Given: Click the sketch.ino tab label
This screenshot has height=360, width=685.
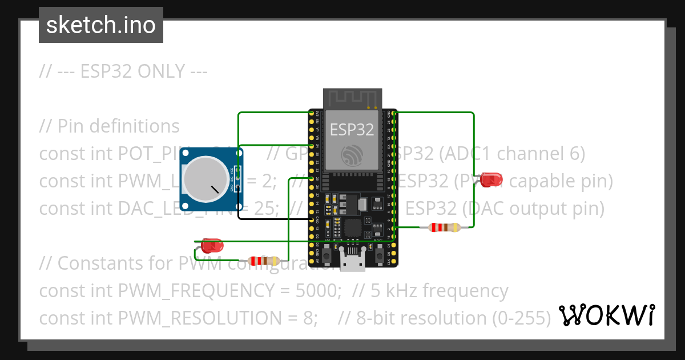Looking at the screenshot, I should pyautogui.click(x=101, y=25).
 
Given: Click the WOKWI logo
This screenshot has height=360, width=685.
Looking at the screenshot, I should pyautogui.click(x=607, y=315).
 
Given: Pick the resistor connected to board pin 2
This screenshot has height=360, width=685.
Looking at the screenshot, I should pyautogui.click(x=444, y=227).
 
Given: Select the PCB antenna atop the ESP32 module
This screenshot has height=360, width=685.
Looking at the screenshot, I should pyautogui.click(x=352, y=98).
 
